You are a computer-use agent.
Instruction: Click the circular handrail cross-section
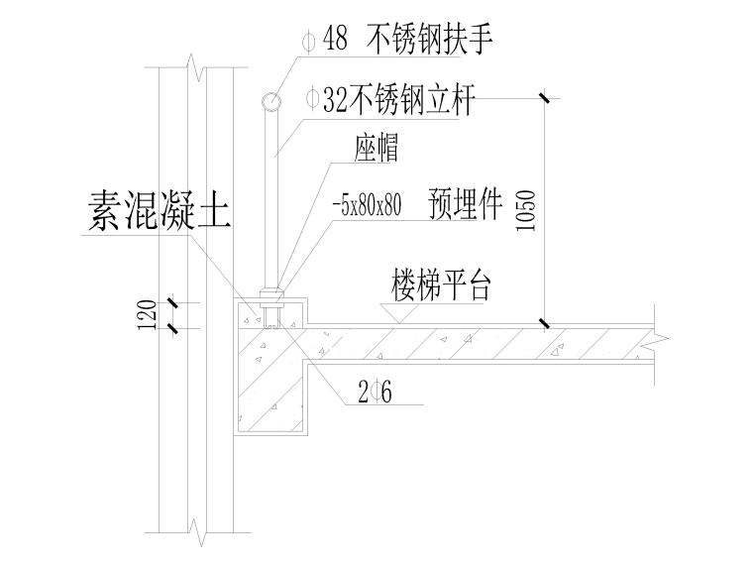(270, 100)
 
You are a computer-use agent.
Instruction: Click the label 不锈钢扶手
(429, 40)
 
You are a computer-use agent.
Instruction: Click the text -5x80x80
(368, 206)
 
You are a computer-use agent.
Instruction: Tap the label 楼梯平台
(442, 286)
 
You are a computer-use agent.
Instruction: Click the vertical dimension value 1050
(526, 209)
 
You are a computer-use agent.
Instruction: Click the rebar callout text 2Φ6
(378, 394)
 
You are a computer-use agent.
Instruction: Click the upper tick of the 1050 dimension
(544, 98)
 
